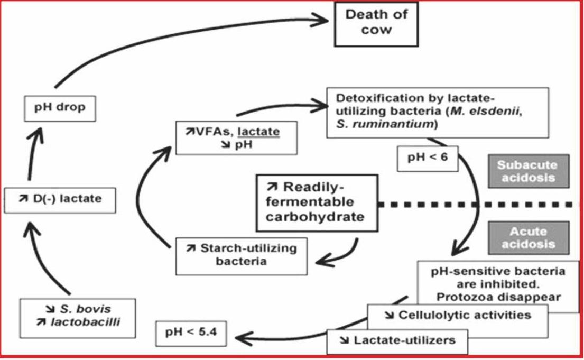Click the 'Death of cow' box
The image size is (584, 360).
376,22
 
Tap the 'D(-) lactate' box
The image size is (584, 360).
59,199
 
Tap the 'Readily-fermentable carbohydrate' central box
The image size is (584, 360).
317,202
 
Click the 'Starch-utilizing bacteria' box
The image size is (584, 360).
241,255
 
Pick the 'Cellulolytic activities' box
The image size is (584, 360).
457,316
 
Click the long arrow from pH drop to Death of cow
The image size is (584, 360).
174,37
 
